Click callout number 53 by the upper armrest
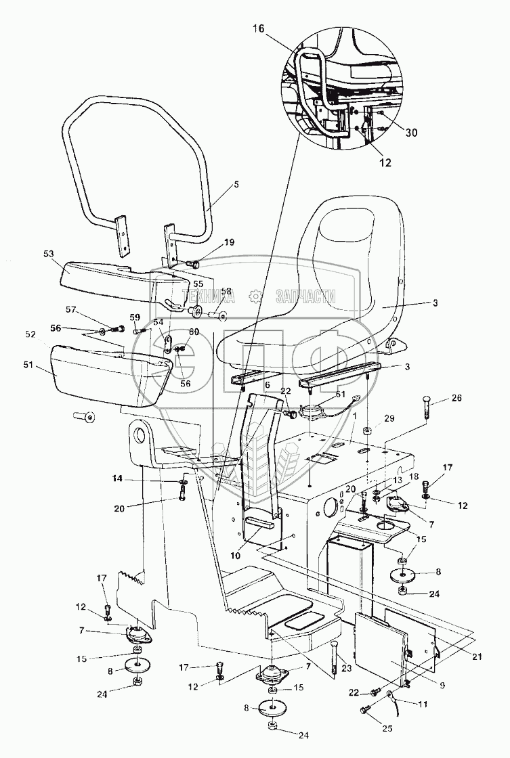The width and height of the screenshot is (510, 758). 48,254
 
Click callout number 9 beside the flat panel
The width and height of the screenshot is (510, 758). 443,684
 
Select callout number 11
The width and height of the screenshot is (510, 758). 423,703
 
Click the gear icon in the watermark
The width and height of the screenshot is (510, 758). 255,296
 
